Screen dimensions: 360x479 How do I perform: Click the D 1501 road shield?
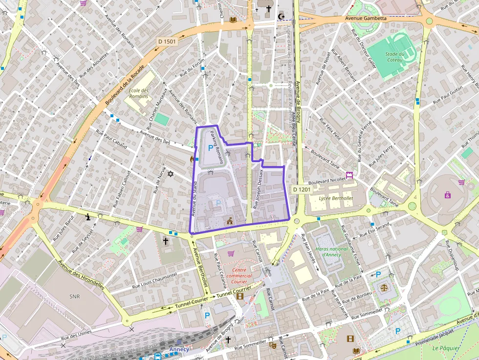[167, 42]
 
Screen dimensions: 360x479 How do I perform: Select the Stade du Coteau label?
[394, 57]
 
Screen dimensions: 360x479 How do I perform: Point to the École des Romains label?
[138, 93]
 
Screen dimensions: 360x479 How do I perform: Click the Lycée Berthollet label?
[336, 198]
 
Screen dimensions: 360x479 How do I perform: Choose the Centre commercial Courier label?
[239, 275]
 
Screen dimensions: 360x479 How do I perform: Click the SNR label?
[74, 296]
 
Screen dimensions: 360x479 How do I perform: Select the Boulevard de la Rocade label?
[125, 85]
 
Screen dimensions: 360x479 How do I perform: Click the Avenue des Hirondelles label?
[81, 275]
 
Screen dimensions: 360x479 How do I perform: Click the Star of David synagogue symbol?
[171, 174]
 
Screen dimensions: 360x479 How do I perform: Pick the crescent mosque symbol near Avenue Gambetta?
[281, 17]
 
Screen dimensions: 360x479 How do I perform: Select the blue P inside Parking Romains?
[211, 148]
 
